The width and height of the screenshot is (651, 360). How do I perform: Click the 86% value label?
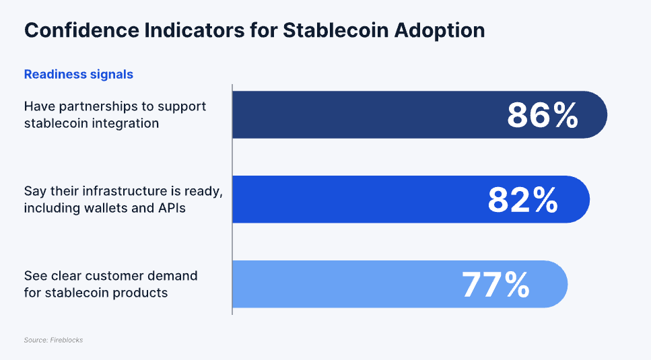coord(543,115)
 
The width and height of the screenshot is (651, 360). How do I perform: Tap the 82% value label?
coord(523,200)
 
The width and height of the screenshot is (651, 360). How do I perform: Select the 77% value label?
coord(495,285)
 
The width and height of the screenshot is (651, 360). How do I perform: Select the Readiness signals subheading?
coord(79,75)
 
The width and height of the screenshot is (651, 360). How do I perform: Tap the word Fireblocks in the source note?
coord(67,340)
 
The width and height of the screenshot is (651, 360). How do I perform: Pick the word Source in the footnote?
coord(35,340)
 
